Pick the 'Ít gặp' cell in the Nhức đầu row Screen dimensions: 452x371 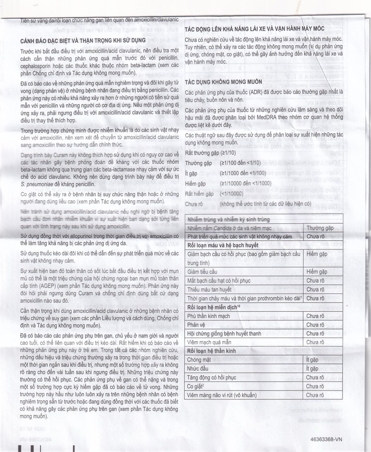(314, 368)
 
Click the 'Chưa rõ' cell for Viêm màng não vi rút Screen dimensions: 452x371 (315, 394)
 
